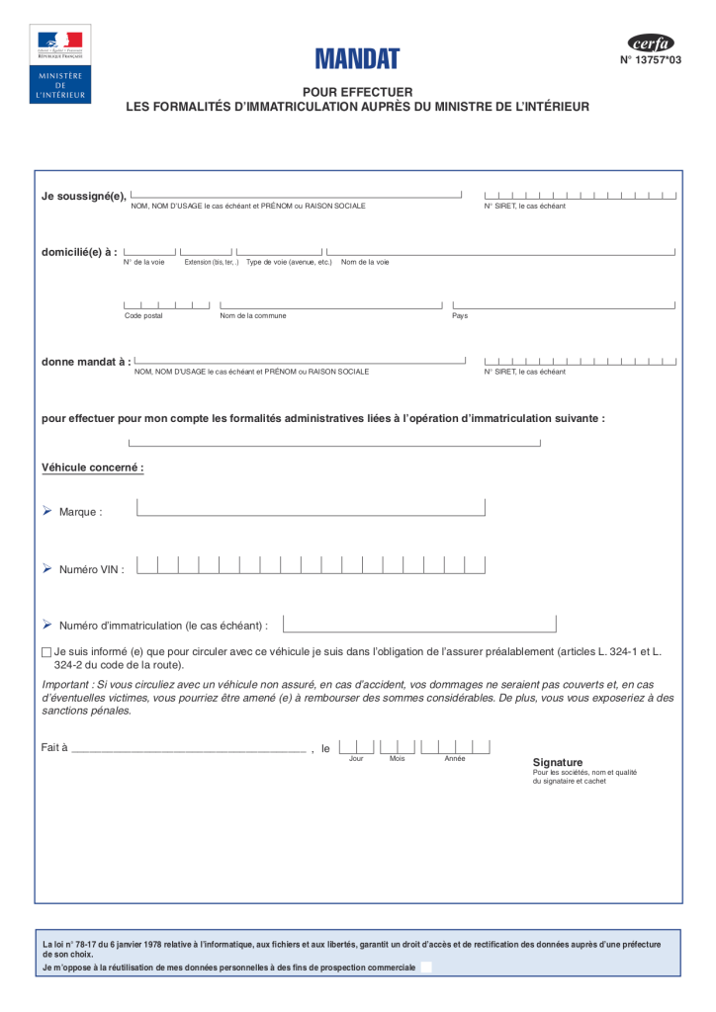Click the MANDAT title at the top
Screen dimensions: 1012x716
pos(357,59)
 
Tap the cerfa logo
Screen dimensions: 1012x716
pos(651,42)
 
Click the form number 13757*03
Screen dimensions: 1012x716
pos(651,60)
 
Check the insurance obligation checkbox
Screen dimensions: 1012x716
pos(46,652)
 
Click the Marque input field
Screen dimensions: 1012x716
pos(311,508)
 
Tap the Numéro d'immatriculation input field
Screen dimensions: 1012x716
pos(419,625)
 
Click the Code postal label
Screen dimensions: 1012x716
pos(143,315)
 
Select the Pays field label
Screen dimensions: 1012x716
pos(460,315)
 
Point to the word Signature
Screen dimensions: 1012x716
pos(558,762)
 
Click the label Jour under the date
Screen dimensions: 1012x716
pos(356,758)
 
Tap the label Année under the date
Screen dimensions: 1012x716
pos(455,758)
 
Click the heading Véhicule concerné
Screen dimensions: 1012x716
pos(93,466)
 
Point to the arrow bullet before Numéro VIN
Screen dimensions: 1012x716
pos(46,568)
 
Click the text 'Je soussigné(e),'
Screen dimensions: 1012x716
pos(83,196)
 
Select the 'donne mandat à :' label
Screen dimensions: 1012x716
pos(86,362)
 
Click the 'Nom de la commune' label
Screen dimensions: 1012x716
pos(253,315)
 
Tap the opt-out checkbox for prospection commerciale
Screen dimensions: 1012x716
pos(426,968)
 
